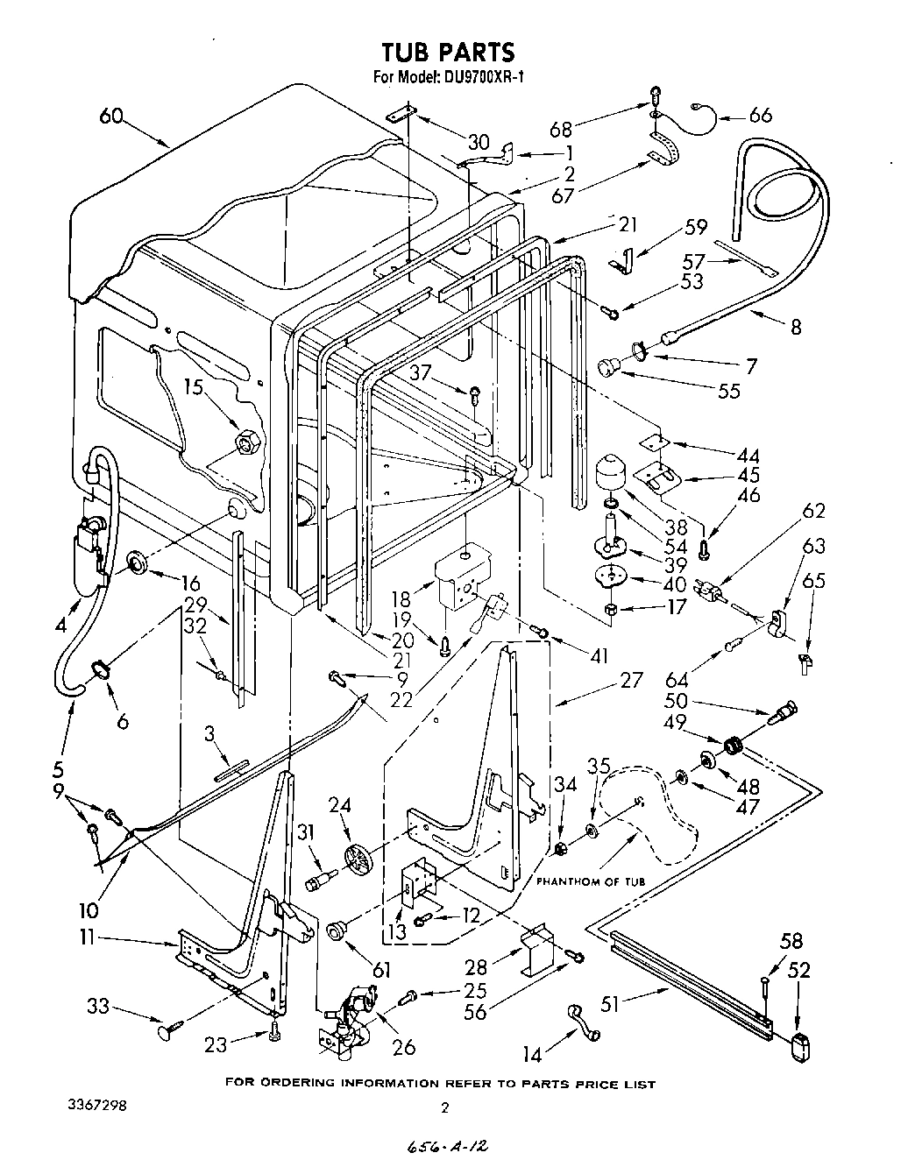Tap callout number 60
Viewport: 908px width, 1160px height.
[110, 117]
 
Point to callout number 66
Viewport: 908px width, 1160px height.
[761, 115]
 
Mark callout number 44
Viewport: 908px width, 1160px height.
[748, 456]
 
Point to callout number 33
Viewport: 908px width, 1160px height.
[97, 1007]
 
